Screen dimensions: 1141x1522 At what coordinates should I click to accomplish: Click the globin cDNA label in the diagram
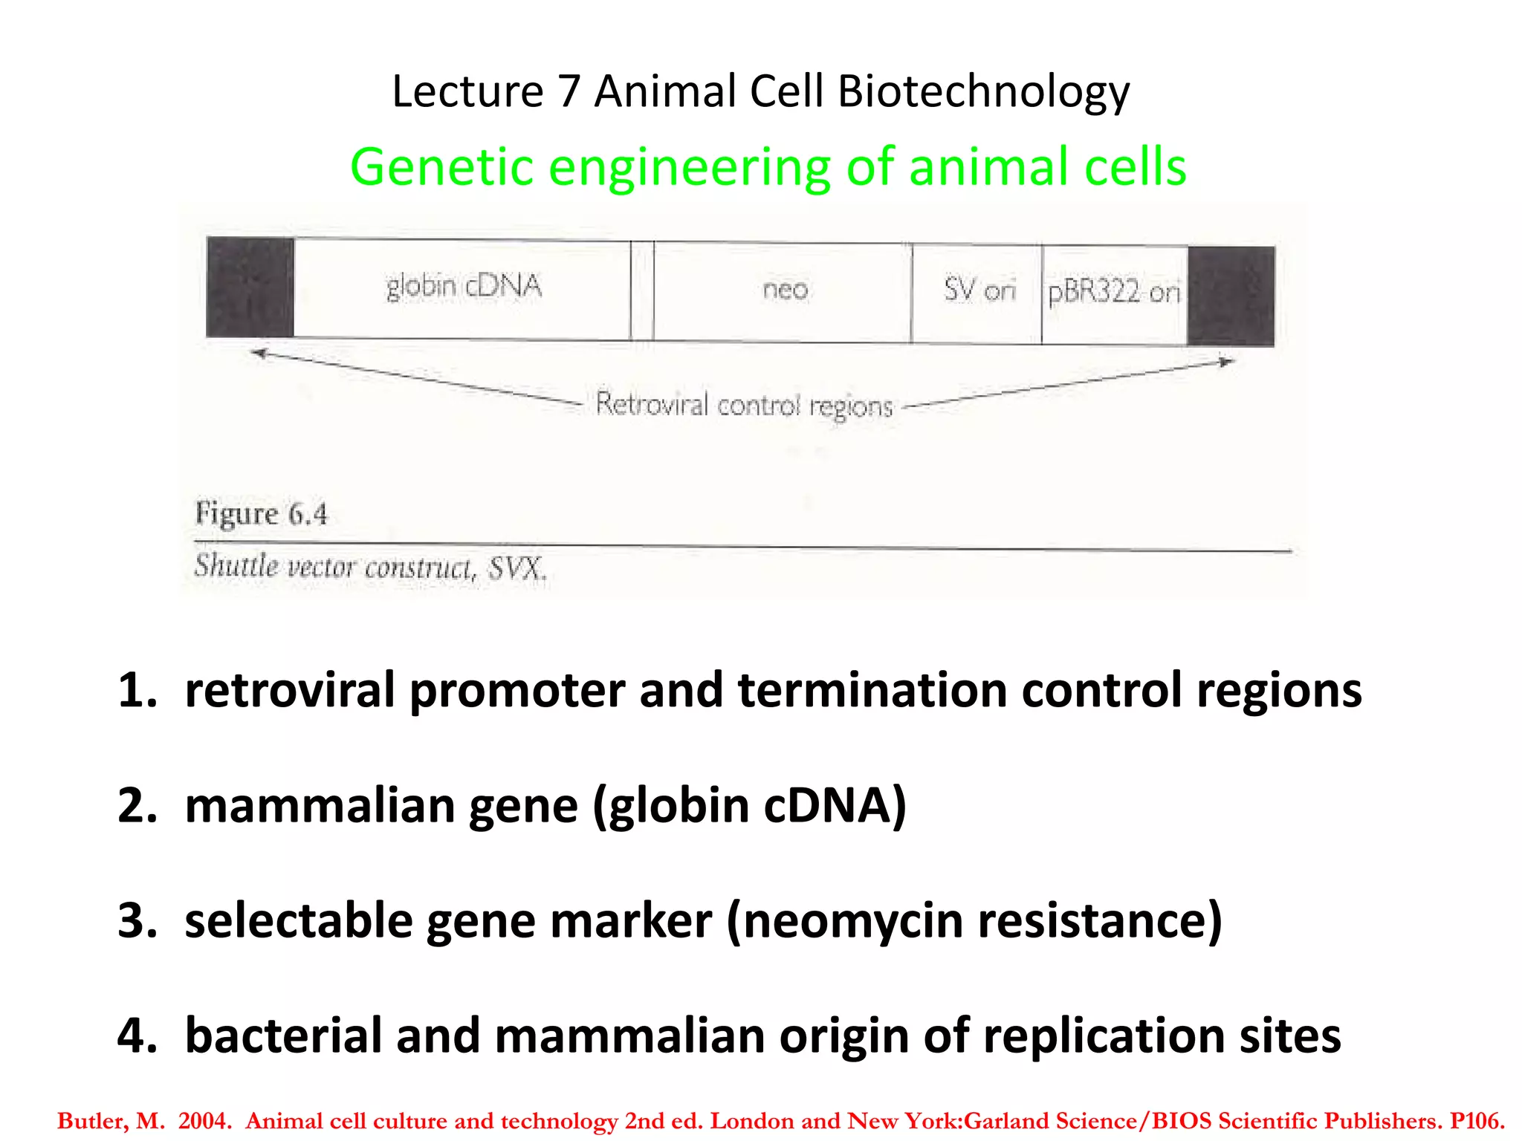(x=464, y=287)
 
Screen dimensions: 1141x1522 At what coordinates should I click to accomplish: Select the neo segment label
(x=785, y=289)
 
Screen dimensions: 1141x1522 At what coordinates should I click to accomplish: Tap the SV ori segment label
(x=979, y=289)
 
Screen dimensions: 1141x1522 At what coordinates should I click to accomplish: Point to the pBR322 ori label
(x=1113, y=292)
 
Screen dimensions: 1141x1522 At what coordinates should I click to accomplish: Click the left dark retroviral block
(x=250, y=287)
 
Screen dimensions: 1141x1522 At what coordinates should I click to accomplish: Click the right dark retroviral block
(x=1231, y=296)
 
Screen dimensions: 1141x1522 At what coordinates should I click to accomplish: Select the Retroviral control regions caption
(x=744, y=406)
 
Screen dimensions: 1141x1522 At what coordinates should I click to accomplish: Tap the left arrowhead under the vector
(x=259, y=353)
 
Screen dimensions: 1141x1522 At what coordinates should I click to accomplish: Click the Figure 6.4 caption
(x=261, y=514)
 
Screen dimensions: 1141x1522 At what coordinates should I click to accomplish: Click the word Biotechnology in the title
(x=983, y=92)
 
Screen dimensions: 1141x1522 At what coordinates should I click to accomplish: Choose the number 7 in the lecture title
(x=569, y=92)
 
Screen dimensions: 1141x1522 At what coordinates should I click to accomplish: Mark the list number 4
(x=137, y=1036)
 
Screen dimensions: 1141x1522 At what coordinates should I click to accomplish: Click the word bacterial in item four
(x=283, y=1036)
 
